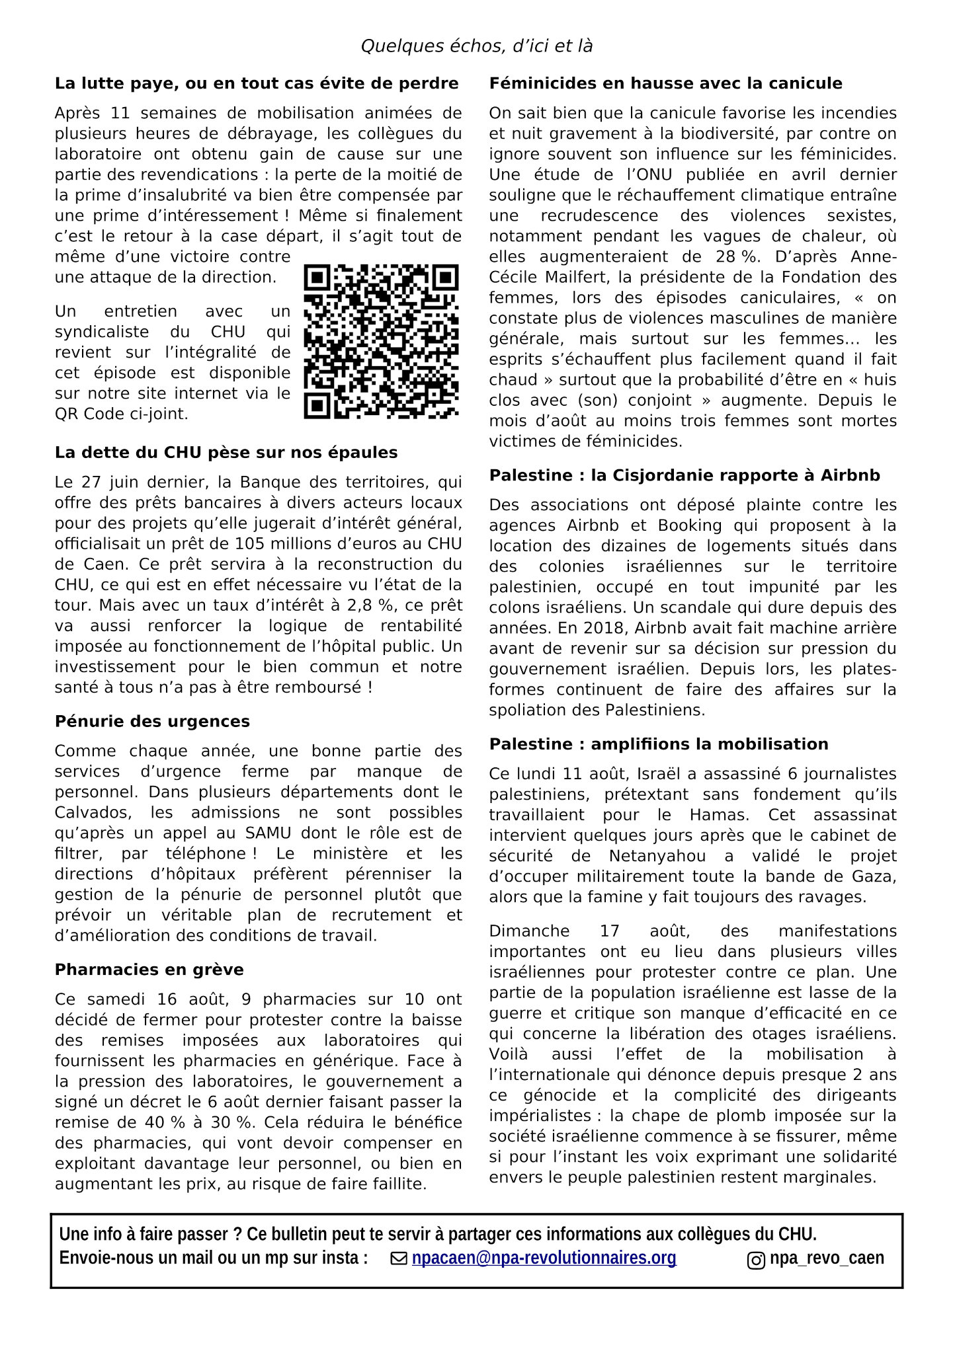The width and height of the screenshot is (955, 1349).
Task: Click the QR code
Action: click(x=382, y=342)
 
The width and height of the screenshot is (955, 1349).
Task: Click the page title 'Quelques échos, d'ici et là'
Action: click(x=476, y=46)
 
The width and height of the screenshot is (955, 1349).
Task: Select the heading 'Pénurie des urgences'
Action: click(x=152, y=721)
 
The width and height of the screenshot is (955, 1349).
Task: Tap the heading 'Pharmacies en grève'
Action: click(x=149, y=970)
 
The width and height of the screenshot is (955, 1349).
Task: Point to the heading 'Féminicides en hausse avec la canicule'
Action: click(x=665, y=83)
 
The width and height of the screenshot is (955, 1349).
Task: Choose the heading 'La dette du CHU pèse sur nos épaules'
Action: click(x=226, y=453)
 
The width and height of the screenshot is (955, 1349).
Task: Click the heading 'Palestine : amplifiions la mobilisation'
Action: click(x=658, y=744)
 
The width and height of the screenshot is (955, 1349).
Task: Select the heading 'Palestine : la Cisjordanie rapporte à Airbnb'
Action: click(x=685, y=475)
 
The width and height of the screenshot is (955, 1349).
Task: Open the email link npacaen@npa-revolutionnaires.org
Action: click(x=544, y=1258)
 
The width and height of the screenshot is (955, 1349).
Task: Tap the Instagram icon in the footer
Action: click(x=756, y=1260)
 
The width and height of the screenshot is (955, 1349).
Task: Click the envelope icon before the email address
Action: click(x=399, y=1259)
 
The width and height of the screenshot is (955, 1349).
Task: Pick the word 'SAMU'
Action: click(x=276, y=833)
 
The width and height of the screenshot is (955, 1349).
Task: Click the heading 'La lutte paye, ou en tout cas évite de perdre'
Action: click(x=257, y=83)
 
